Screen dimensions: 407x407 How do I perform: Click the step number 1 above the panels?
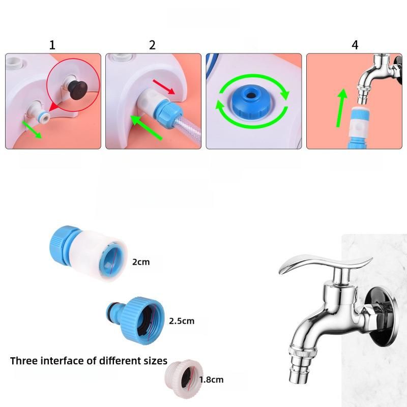(52, 45)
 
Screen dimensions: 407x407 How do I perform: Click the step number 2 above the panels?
(152, 45)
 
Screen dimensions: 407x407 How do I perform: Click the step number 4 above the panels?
(355, 45)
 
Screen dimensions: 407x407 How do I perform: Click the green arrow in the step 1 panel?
(32, 129)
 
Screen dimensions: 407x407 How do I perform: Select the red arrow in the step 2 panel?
(164, 86)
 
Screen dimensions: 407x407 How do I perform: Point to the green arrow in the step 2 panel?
(146, 128)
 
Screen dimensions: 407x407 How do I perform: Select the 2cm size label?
(141, 262)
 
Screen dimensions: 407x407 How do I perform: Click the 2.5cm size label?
(182, 321)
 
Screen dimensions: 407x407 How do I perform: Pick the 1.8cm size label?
(211, 380)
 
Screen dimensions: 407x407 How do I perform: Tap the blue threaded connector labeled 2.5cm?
(135, 321)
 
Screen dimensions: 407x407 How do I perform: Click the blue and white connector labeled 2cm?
(88, 255)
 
